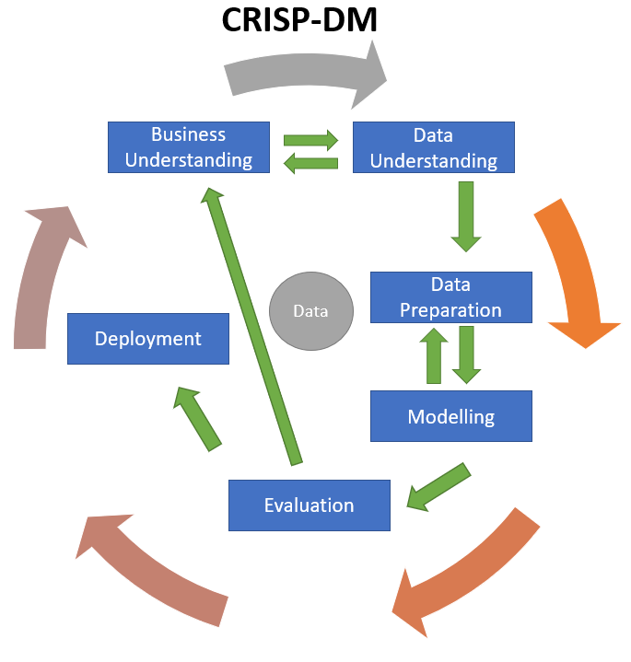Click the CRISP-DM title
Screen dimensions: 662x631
tap(299, 20)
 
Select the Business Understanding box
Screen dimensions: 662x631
tap(189, 147)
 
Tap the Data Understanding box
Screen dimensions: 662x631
tap(433, 147)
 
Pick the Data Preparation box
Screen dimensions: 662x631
tap(451, 296)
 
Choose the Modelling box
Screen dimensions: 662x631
tap(451, 416)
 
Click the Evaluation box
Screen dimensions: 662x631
tap(310, 505)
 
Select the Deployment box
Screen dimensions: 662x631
tap(148, 338)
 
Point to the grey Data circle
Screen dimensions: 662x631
tap(310, 310)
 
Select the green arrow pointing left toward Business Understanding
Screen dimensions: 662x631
tap(311, 163)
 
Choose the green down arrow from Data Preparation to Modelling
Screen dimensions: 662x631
tap(467, 354)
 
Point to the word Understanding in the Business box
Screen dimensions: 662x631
tap(189, 159)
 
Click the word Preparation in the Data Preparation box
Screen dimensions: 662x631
tap(451, 309)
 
